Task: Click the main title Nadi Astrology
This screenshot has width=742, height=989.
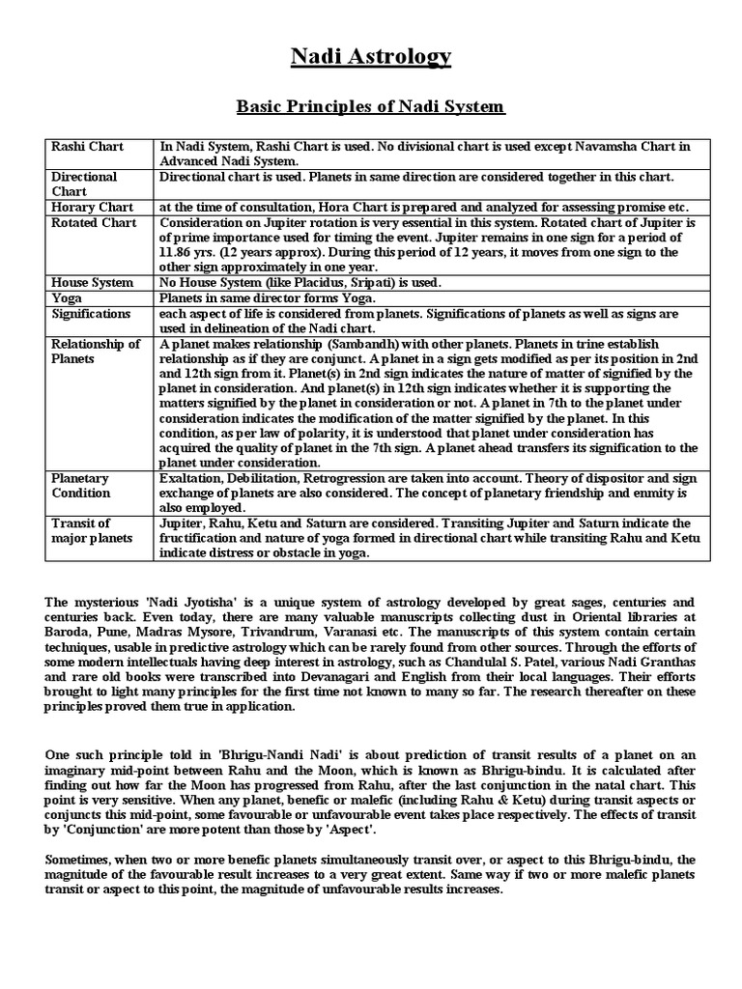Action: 371,58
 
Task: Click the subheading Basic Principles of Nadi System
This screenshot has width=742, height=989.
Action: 371,105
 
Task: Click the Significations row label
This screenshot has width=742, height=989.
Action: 92,314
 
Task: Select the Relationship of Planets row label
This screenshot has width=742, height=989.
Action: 96,352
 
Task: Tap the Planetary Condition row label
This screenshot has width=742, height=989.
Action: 81,486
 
